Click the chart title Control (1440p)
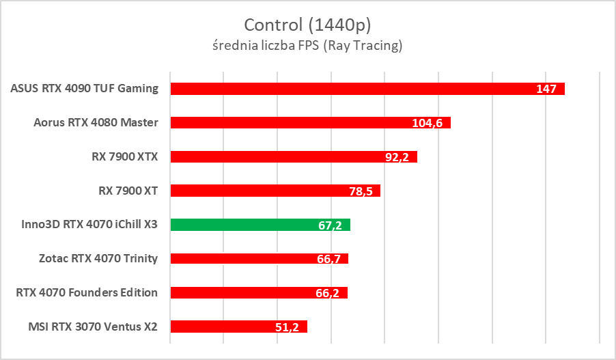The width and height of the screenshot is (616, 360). click(307, 25)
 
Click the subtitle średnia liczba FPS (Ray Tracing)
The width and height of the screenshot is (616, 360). click(307, 46)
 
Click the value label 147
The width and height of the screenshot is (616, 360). click(546, 89)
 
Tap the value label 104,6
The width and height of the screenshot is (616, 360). click(428, 123)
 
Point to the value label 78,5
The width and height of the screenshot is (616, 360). click(361, 191)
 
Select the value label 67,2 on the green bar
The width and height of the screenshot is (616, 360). click(331, 225)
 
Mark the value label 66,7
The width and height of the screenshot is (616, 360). click(329, 259)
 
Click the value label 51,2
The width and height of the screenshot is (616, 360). click(288, 327)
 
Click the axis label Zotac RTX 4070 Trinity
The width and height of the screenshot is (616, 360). click(98, 258)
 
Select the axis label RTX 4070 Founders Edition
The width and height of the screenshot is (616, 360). click(87, 292)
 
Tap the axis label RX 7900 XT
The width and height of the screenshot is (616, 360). click(128, 191)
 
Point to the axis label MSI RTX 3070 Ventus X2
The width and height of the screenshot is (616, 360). click(92, 327)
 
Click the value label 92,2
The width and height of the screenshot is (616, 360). click(397, 157)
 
